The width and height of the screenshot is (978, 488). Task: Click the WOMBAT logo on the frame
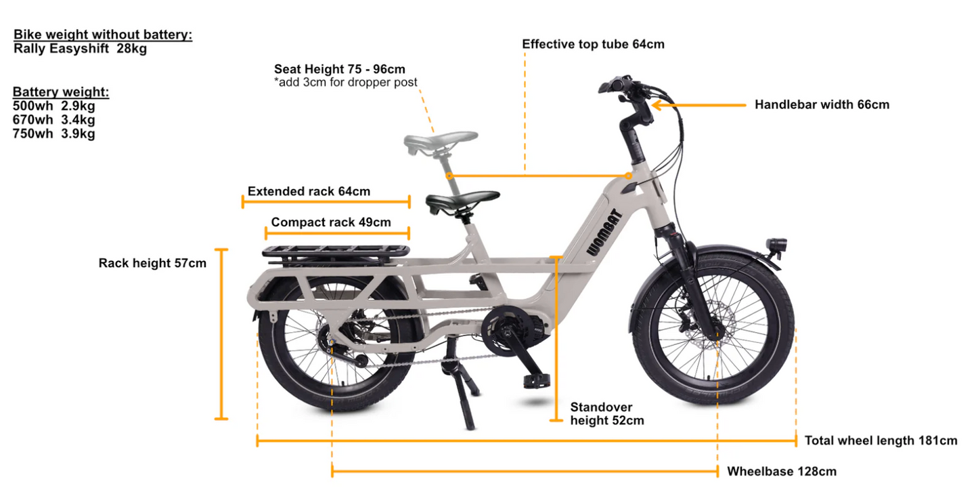pos(604,232)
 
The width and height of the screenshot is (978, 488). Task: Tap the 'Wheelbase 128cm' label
pos(782,471)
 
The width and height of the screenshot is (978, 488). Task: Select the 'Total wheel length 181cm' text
pos(881,441)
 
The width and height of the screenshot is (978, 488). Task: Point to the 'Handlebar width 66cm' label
pos(822,104)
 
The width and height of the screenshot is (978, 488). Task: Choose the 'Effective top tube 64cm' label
pos(593,44)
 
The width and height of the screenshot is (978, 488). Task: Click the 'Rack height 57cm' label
pos(152,263)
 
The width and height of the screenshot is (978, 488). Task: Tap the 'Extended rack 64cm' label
pos(309,191)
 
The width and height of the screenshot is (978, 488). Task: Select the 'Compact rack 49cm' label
pos(331,222)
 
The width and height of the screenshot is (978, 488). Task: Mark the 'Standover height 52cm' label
pos(607,413)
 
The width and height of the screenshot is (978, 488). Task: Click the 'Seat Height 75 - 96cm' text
pos(339,69)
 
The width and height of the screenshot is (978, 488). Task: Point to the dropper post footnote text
pos(345,82)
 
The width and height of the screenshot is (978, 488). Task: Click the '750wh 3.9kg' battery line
pos(53,134)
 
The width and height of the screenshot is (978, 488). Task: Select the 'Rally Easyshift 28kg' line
pos(80,48)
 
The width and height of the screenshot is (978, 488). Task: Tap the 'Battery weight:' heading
pos(61,91)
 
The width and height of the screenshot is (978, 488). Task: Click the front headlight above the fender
pos(776,245)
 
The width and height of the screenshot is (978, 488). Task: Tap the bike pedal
pos(537,381)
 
